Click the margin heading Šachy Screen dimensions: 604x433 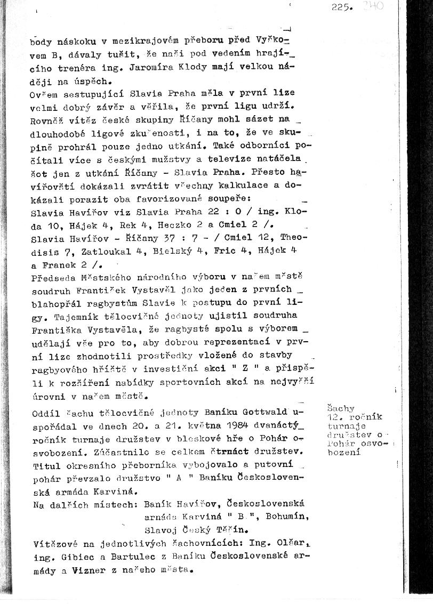point(338,408)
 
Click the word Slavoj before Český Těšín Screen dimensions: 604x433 point(161,530)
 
